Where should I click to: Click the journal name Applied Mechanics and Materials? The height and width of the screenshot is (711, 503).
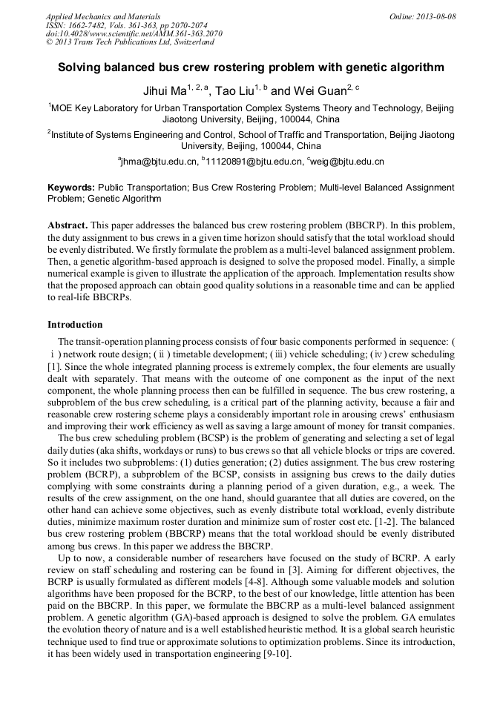point(102,16)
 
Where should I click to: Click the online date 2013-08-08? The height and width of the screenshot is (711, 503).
point(435,16)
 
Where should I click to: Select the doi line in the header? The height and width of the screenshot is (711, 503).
point(134,33)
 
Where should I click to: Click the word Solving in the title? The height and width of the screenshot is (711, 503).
point(80,67)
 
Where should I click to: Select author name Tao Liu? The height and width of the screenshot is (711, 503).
point(234,92)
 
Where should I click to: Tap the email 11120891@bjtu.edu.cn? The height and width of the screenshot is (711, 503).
point(253,162)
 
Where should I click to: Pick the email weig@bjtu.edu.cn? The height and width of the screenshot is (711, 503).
point(348,162)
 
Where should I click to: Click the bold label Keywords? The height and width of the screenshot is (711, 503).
point(70,189)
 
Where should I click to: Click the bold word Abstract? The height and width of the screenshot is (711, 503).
point(68,225)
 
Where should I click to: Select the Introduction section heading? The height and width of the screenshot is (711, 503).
point(75,325)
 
